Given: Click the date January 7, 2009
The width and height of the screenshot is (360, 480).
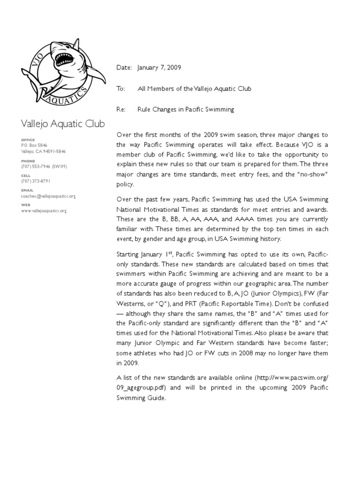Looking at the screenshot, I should [159, 68].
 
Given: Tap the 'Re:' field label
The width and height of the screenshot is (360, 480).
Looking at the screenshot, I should [121, 109].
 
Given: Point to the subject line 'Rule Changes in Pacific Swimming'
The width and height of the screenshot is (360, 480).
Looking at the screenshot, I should [186, 109].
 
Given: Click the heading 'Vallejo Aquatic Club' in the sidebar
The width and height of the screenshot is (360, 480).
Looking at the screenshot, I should [63, 124].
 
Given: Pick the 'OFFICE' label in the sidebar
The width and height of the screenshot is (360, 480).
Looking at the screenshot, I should [28, 140].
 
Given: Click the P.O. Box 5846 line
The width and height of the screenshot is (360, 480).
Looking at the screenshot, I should [34, 145].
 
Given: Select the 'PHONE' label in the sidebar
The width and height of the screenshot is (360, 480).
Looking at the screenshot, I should [28, 161].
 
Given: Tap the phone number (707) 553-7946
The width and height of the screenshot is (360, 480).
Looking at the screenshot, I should [36, 166].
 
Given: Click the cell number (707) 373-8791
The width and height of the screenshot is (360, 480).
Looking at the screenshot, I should [36, 181].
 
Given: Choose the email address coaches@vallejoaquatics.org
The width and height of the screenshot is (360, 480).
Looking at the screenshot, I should [48, 196].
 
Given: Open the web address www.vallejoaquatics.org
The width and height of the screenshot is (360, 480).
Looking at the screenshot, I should [44, 211].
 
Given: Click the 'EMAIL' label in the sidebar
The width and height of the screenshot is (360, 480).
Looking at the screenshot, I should [27, 190].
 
